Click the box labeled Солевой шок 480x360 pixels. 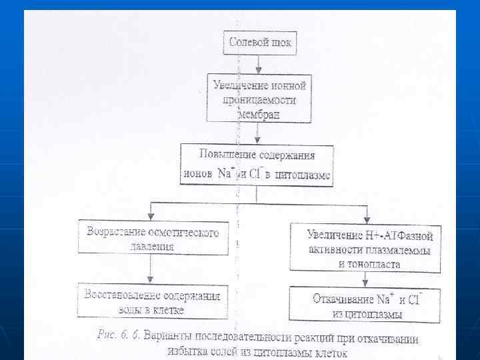260,43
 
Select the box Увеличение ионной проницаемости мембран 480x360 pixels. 259,98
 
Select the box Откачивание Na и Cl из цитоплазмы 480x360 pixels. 364,305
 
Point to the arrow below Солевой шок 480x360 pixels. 259,67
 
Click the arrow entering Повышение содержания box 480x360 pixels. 257,137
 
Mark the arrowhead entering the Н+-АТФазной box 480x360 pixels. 366,219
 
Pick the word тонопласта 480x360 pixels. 369,264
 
